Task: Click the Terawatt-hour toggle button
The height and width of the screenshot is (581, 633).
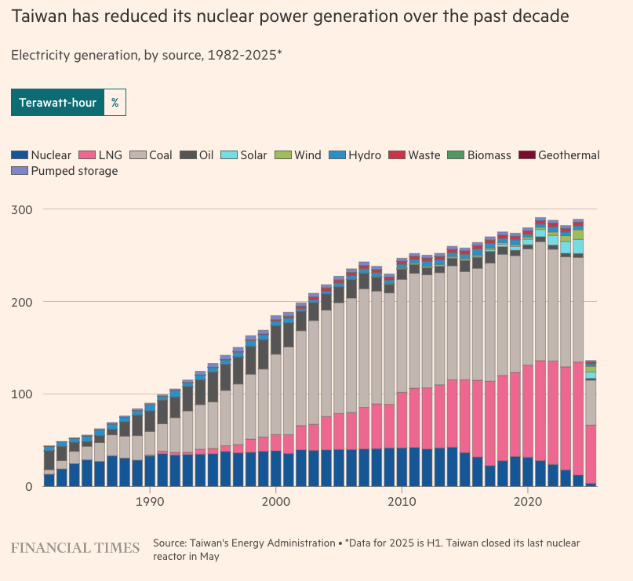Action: coord(57,103)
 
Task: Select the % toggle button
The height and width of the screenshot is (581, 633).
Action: coord(115,103)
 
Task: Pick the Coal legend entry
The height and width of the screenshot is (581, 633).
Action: coord(151,155)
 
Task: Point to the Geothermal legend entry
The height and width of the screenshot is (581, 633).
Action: coord(559,155)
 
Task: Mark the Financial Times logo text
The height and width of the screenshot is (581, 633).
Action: coord(75,547)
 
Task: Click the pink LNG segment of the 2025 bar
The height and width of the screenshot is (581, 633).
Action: coord(591,455)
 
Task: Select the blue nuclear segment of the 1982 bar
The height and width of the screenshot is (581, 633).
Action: coord(49,480)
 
